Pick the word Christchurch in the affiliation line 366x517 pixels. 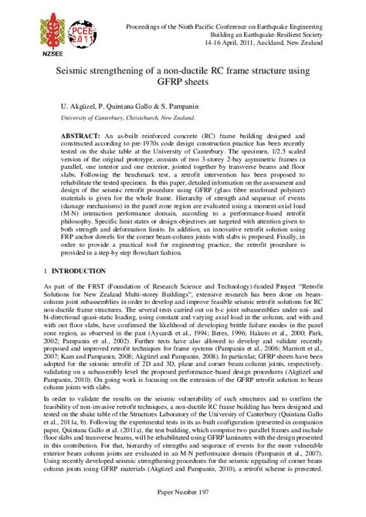147,118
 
